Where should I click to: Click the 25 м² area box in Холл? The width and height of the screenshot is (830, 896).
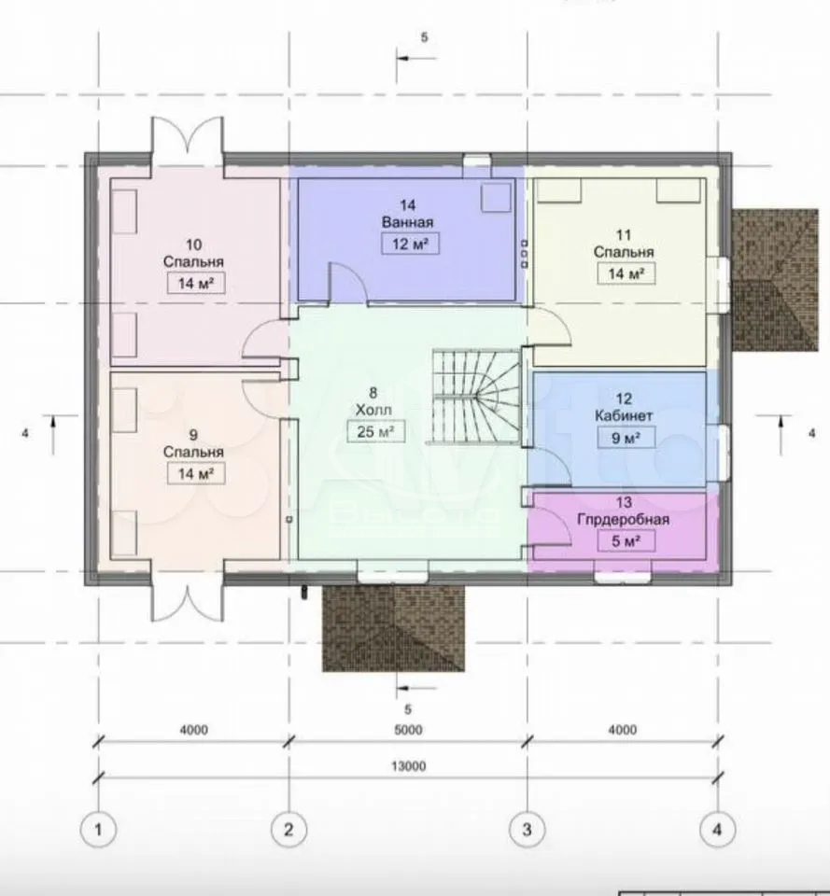click(375, 431)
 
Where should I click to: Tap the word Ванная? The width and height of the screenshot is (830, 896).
click(408, 222)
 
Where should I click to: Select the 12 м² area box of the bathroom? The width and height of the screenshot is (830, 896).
click(410, 244)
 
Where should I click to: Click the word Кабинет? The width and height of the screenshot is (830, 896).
click(624, 416)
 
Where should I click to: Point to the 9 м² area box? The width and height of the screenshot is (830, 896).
click(626, 439)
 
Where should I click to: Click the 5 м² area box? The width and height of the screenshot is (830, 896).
click(626, 541)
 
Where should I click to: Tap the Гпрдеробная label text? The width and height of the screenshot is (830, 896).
click(624, 520)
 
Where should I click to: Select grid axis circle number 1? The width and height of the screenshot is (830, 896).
click(98, 829)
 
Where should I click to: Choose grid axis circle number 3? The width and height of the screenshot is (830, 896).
click(527, 829)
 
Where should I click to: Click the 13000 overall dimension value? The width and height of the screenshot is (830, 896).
click(409, 766)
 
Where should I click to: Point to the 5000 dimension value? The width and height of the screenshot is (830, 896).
click(408, 730)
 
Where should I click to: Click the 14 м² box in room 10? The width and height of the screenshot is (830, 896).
click(195, 283)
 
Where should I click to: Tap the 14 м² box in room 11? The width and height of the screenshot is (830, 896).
click(626, 273)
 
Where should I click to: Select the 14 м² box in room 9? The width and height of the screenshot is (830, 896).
click(195, 473)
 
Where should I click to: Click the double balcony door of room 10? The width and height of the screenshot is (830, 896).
click(188, 141)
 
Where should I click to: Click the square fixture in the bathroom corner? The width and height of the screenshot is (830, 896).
click(496, 196)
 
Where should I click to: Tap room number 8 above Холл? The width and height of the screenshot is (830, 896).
click(373, 393)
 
